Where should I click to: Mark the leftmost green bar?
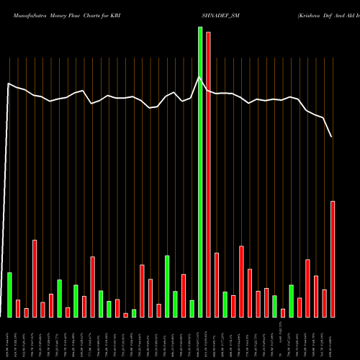pos(9,294)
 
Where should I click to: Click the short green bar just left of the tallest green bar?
pos(192,308)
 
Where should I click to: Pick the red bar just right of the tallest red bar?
pos(217,284)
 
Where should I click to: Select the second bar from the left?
pos(18,308)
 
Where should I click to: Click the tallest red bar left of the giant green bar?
pos(35,278)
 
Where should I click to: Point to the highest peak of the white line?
pos(199,77)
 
